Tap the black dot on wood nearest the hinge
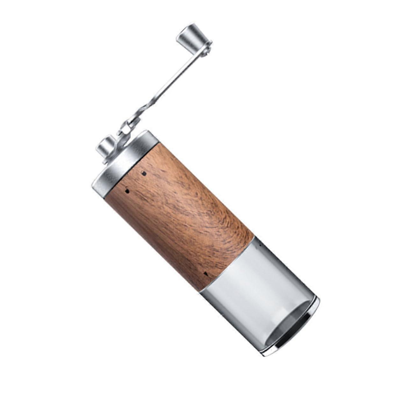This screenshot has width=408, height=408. coord(144,174)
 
